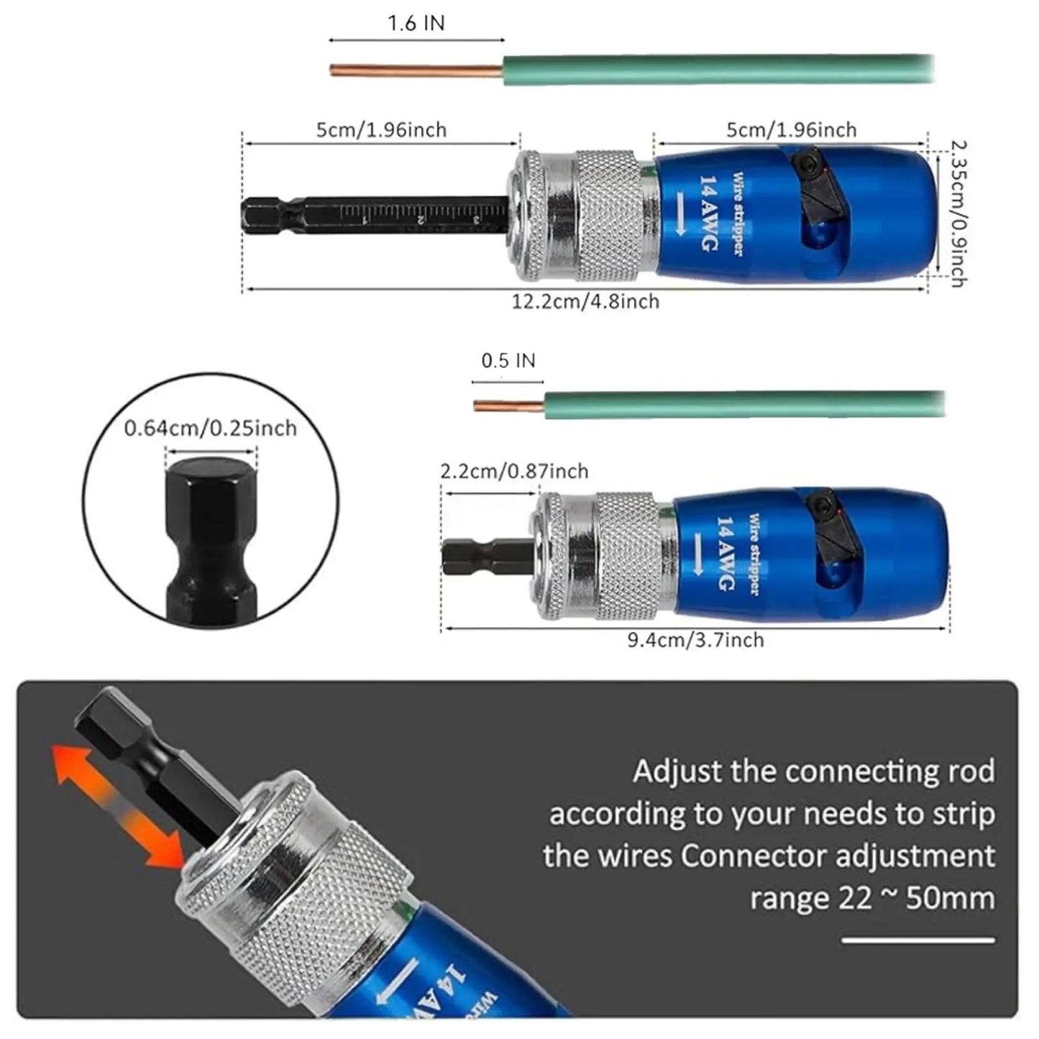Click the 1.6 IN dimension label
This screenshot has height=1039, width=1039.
tap(416, 23)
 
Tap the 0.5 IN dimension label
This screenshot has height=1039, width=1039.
tap(508, 360)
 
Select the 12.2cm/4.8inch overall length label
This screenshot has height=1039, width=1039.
tap(585, 301)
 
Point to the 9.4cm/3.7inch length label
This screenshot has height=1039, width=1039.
tap(695, 640)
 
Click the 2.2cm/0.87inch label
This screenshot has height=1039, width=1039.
tap(514, 471)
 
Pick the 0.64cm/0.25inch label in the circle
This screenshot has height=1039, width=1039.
tap(211, 429)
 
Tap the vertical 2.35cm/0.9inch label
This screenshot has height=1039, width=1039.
tap(957, 214)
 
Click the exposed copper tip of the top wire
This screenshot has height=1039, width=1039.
tap(416, 70)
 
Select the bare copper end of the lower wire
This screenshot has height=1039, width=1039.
tap(508, 406)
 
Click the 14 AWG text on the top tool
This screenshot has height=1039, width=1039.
tap(709, 214)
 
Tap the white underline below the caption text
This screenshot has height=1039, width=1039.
tap(918, 940)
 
